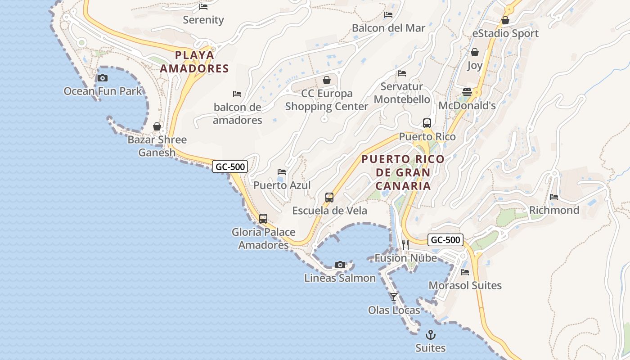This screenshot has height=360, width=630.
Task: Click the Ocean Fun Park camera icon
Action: pos(103,78)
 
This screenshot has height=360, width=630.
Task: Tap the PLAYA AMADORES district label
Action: pos(194,62)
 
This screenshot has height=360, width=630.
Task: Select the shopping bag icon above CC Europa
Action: pos(327,80)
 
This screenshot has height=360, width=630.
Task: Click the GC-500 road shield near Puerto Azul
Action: pos(230,166)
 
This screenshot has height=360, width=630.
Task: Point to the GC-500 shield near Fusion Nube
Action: pos(445,240)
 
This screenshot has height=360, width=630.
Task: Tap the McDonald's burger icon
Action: pos(467,92)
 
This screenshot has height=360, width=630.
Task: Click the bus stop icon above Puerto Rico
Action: pos(427,123)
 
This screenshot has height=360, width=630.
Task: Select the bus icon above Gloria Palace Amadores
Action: pos(263,219)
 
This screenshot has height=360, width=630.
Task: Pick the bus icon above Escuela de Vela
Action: pos(329,198)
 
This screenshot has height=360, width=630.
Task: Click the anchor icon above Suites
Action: pos(431,335)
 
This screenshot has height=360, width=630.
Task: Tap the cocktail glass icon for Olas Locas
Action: pos(394,297)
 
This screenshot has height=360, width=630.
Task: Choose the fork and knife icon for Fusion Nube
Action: pos(405,244)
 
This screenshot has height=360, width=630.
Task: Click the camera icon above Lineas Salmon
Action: pos(340,265)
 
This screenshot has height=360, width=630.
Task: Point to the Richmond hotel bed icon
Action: pos(554,197)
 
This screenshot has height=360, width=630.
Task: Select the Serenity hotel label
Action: pos(203,20)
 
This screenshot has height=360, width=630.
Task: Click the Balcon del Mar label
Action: pos(388,28)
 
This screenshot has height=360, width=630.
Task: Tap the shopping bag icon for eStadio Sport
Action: pos(505,20)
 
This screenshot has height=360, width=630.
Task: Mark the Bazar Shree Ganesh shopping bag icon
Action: pos(157,126)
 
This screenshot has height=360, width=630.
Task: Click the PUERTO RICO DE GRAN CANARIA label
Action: pos(403,172)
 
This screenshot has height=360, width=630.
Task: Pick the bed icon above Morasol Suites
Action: pos(465,272)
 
